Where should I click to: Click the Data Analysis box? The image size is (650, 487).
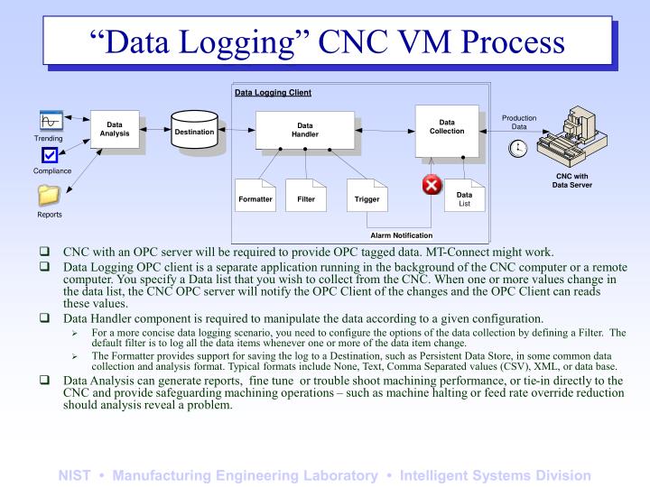point(115,131)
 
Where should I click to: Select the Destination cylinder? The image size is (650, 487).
point(194,132)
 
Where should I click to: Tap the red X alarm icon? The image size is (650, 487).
point(432,185)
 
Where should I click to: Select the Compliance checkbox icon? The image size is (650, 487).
point(49,155)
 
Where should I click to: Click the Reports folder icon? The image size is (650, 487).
point(49,194)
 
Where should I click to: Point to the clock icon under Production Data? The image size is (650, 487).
point(518,149)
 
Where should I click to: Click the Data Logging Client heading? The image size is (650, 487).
point(273,92)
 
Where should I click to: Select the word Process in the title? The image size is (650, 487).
point(500,42)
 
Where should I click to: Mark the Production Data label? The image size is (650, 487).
point(519,122)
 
